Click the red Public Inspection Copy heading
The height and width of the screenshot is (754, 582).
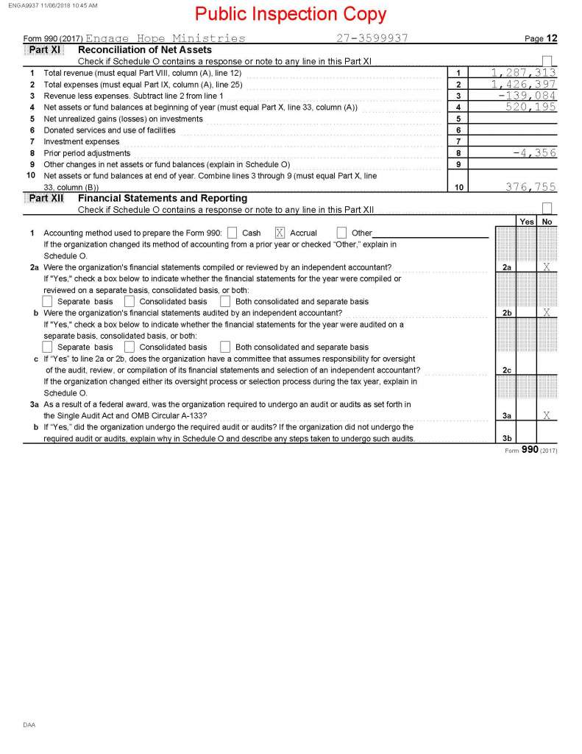[x=290, y=15]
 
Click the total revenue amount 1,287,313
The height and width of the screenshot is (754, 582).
[x=523, y=72]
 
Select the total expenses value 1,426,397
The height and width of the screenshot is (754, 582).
[x=523, y=84]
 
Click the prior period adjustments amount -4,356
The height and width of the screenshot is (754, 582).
[x=534, y=152]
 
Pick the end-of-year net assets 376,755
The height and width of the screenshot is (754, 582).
[x=530, y=187]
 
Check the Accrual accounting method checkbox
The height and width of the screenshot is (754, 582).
[x=280, y=233]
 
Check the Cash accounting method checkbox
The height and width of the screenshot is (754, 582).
[x=232, y=233]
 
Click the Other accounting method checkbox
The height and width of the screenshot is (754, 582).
[x=341, y=233]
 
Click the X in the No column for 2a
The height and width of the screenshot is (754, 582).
[x=546, y=267]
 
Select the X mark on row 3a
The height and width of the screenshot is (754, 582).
[x=546, y=415]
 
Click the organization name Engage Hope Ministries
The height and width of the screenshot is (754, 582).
[x=166, y=38]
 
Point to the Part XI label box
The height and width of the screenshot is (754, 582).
[x=45, y=49]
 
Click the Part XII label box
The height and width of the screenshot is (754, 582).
[x=46, y=198]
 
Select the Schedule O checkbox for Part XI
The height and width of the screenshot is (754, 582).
[x=547, y=60]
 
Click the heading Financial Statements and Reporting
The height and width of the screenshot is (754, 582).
[x=163, y=198]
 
